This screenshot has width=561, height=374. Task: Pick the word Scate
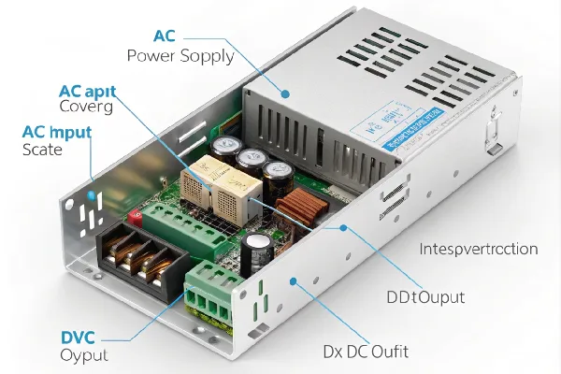41,150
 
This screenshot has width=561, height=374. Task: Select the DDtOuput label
425,297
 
